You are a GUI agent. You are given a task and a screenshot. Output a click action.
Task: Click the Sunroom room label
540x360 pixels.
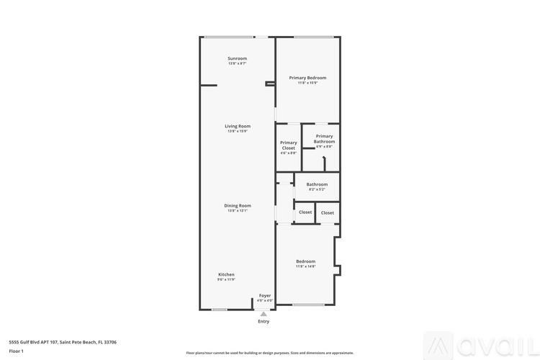[x=237, y=58]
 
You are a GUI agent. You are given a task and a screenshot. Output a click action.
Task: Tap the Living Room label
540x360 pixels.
[x=238, y=126]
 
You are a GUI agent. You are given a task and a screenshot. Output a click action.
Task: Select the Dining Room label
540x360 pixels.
[x=238, y=205]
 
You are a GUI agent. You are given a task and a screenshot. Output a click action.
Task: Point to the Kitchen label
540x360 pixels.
[x=226, y=274]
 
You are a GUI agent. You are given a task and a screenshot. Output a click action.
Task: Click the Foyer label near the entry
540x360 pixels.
[x=265, y=295]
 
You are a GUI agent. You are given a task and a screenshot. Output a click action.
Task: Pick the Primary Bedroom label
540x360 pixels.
[x=307, y=78]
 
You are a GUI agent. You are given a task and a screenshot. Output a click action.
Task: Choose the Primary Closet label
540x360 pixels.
[x=288, y=145]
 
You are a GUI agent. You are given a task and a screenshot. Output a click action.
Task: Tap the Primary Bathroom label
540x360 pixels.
[x=324, y=138]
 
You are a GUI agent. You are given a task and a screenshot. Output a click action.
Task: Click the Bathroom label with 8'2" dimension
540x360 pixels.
[x=317, y=184]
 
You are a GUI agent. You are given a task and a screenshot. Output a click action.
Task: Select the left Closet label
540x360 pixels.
[x=305, y=212]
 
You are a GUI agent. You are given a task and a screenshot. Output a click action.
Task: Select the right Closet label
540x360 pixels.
[x=328, y=212]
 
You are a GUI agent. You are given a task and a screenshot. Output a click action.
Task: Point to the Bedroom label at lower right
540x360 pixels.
[x=305, y=261]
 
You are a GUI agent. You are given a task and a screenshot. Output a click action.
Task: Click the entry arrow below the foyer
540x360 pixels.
[x=264, y=314]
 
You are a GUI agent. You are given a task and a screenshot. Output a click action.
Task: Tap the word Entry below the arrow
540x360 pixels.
[x=264, y=321]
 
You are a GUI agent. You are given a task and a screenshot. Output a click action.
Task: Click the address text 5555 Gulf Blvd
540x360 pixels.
[x=62, y=342]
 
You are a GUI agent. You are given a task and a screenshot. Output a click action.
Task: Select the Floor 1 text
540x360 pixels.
[x=16, y=351]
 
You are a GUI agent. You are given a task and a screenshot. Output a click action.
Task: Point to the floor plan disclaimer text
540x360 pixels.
[x=269, y=353]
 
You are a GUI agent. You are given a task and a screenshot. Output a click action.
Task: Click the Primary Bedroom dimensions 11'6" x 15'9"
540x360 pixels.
[x=307, y=83]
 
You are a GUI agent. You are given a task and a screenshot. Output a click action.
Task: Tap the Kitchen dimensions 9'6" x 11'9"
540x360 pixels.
[x=226, y=279]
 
